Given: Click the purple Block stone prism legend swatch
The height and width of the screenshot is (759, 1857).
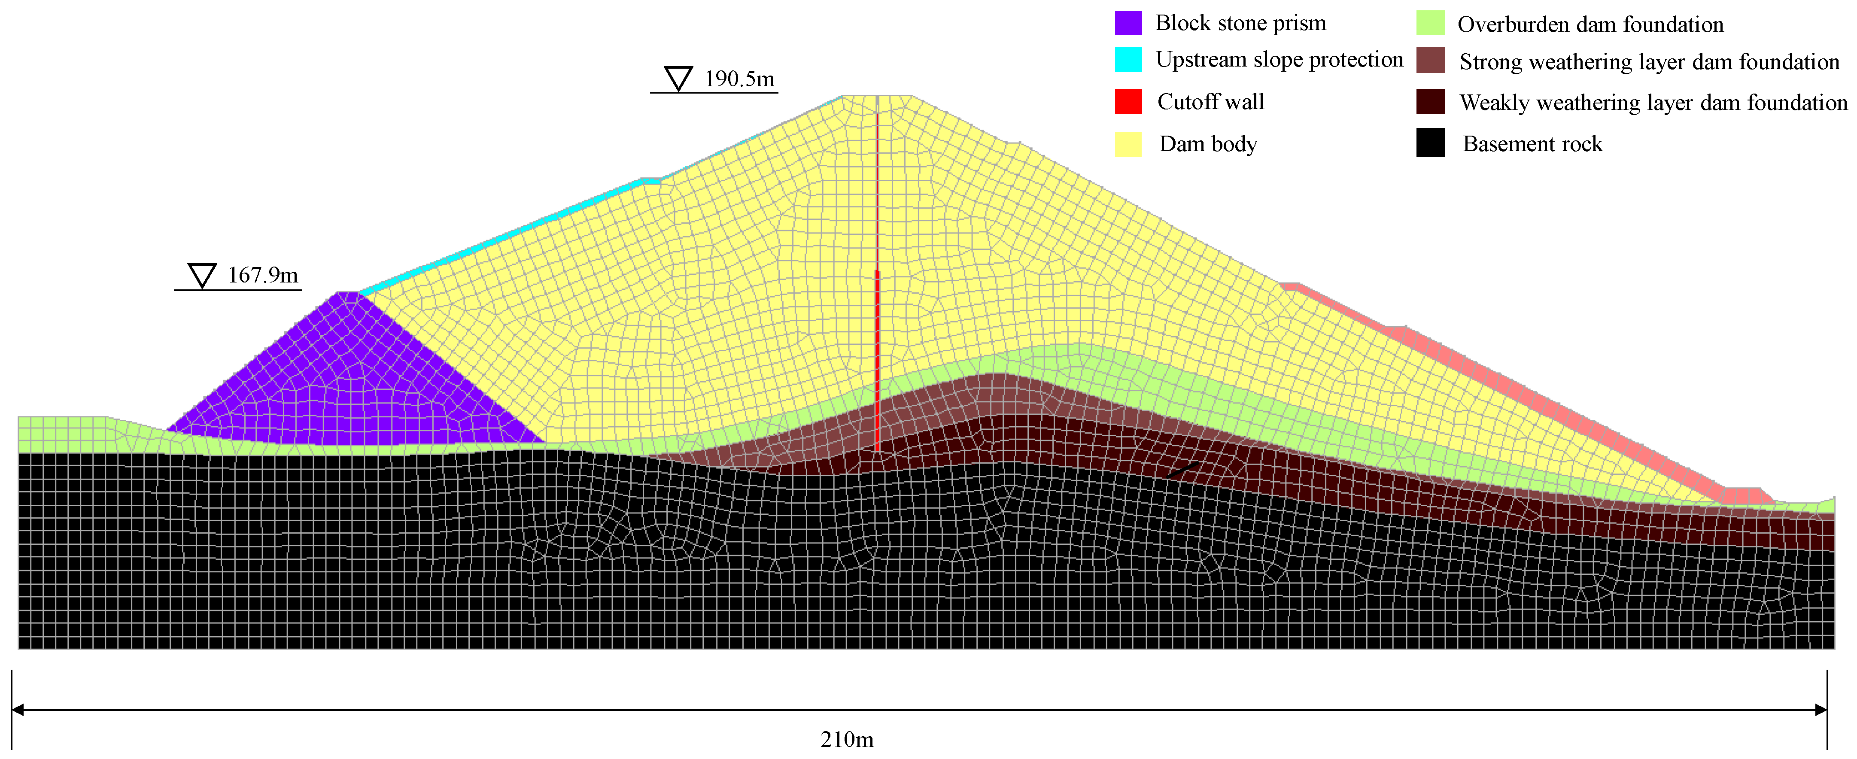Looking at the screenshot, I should pos(1128,23).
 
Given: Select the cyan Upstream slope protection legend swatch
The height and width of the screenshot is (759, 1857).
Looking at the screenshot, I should pos(1128,60).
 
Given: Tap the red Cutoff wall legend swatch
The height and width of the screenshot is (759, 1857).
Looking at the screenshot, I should pos(1128,102).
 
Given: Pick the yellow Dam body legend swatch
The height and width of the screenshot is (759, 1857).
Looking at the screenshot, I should pos(1128,144).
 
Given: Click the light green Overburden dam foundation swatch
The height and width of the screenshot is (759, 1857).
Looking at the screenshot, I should pos(1430,23).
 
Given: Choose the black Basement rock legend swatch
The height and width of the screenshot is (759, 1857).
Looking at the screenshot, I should pos(1430,143).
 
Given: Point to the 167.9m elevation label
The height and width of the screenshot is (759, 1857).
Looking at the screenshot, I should pos(262,275).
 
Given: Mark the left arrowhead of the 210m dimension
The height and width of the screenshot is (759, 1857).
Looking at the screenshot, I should pos(17,710).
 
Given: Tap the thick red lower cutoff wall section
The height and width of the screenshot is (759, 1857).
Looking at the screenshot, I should pos(877,361).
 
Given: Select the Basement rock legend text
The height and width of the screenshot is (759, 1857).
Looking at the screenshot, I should pos(1532,144).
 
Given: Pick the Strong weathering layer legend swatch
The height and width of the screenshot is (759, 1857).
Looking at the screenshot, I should pos(1430,61).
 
